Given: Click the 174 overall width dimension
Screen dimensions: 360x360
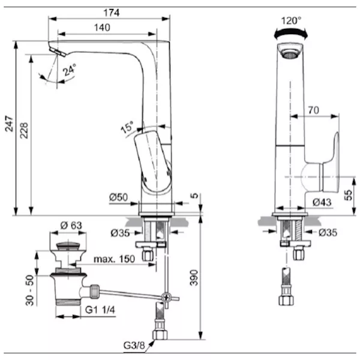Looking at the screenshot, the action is (112, 13).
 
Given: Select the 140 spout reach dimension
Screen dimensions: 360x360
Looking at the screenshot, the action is (102, 28).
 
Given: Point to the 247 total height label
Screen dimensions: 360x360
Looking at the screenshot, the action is (9, 124).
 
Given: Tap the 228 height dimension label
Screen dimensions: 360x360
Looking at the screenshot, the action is (24, 130).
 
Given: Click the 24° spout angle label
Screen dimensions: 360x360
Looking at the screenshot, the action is (70, 70).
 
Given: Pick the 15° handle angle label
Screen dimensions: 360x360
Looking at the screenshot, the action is (127, 127).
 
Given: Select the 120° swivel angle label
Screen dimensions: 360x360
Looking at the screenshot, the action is (291, 20).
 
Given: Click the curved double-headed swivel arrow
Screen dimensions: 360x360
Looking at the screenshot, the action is (291, 33).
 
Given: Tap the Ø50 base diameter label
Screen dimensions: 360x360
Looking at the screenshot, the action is (118, 197).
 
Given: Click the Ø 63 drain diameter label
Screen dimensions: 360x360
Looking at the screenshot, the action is (71, 225).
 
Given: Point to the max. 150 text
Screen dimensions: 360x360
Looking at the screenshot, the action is (114, 259).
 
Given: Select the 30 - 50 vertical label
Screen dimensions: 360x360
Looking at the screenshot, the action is (29, 290).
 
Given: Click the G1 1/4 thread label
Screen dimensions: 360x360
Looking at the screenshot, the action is (100, 310).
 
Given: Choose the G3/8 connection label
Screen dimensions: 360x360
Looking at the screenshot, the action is (134, 345).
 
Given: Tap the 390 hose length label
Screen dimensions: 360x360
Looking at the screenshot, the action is (194, 278).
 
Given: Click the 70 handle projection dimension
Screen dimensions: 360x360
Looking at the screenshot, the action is (314, 110).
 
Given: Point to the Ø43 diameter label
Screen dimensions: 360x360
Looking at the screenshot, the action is (322, 202).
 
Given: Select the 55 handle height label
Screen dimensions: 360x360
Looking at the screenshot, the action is (348, 195).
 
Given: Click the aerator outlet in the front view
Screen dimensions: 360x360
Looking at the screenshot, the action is (290, 55).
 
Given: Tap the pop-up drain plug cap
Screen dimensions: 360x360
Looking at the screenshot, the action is (68, 245).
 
